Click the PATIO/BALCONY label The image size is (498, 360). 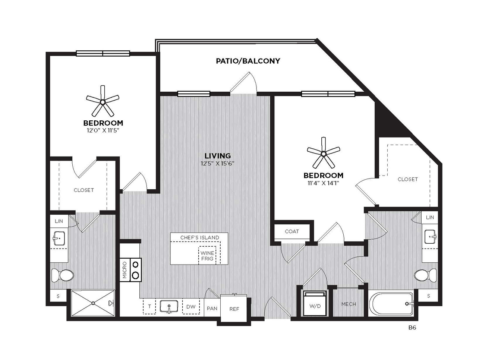248,61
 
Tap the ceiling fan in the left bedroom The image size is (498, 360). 103,102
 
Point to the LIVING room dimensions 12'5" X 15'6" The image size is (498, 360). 218,164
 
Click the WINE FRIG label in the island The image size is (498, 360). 207,256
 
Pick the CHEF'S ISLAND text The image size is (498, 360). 200,237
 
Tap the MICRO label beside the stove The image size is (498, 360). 125,270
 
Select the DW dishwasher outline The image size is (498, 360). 191,307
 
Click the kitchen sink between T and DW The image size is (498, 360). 169,306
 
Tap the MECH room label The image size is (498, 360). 349,304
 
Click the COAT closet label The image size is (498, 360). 292,231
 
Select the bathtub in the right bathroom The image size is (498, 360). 391,303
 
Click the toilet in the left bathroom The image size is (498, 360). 63,275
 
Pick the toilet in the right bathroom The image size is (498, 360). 425,275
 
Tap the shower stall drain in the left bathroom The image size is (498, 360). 93,303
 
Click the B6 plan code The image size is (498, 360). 412,328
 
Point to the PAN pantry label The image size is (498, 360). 212,309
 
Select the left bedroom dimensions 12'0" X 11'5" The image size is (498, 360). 103,130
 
